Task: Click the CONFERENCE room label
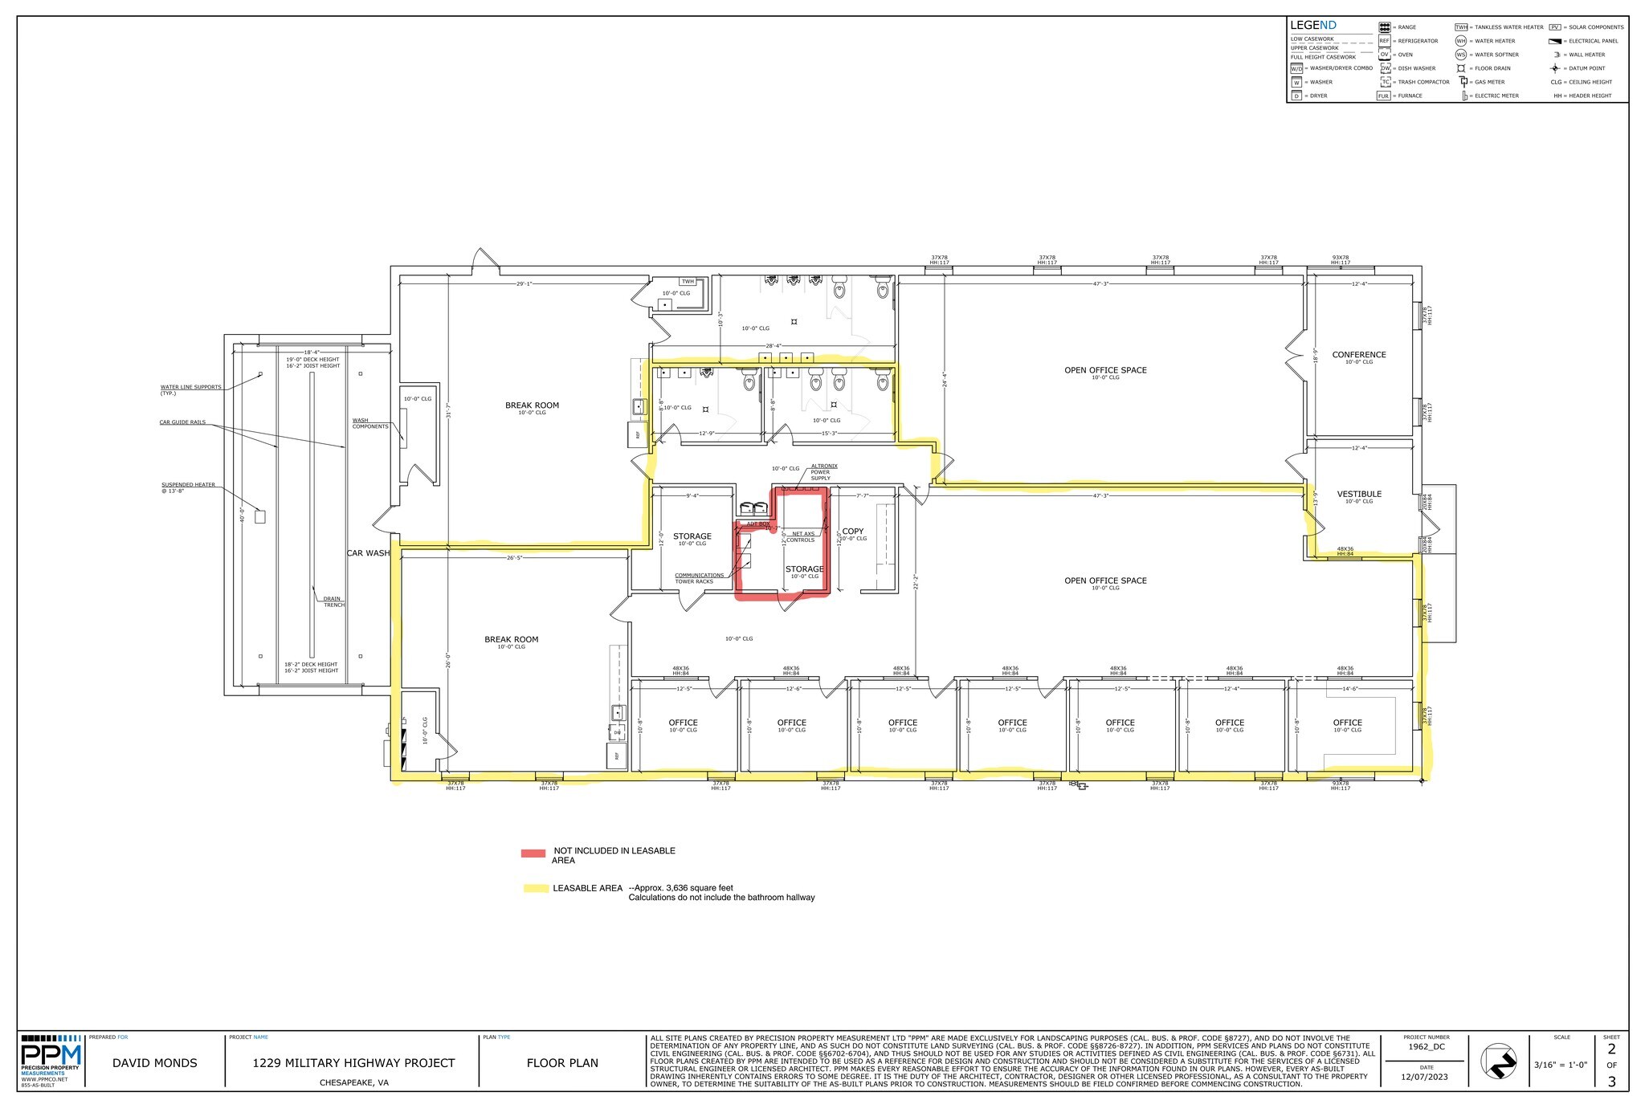coord(1358,355)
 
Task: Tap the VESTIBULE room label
coord(1359,495)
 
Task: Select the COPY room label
coord(852,532)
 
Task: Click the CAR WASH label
coord(368,553)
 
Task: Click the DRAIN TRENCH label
coord(333,601)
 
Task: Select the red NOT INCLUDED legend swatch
coord(533,854)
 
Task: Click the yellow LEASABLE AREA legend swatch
coord(534,888)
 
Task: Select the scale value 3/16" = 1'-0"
coord(1560,1065)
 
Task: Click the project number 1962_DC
coord(1427,1046)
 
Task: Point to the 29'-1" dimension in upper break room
coord(525,283)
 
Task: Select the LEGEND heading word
coord(1312,26)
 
